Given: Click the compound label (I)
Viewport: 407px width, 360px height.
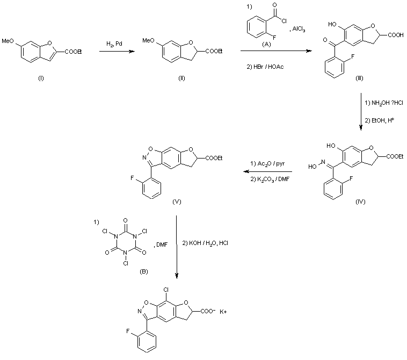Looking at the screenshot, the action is [x=41, y=78].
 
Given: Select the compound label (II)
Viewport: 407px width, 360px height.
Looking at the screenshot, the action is [x=181, y=78].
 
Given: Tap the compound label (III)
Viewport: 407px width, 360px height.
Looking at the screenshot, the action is [x=360, y=78].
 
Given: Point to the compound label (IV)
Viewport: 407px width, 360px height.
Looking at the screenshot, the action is [x=360, y=201].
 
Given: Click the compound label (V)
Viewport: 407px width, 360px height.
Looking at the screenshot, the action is [x=177, y=201].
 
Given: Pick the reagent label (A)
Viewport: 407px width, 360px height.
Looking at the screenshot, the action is [x=266, y=45].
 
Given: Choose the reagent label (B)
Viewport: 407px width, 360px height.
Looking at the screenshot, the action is [x=143, y=272].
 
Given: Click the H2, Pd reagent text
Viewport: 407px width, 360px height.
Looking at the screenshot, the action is [x=114, y=44].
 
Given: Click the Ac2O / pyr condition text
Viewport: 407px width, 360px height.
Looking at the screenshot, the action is [x=271, y=164].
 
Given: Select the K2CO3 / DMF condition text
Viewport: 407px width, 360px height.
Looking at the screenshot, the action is [x=273, y=179].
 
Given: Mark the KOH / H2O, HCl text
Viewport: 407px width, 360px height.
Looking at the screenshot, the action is [x=208, y=243].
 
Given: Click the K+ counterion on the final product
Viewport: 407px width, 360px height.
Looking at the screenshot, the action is [x=223, y=312].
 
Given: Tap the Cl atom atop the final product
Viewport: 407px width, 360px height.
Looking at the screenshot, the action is [x=166, y=290].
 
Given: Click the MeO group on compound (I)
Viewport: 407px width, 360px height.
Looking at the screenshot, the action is [x=8, y=41].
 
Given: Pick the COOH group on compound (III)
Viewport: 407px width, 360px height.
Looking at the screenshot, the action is [x=396, y=35].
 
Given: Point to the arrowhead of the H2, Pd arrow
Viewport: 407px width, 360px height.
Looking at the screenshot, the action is [x=132, y=51].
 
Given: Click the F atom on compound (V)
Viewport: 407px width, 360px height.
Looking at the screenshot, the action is [x=132, y=178].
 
